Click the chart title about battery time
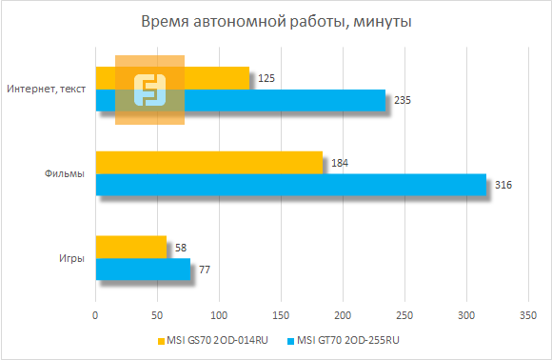click(x=276, y=22)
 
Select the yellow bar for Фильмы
click(x=209, y=163)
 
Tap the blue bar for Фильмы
click(x=290, y=185)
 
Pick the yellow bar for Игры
click(x=131, y=247)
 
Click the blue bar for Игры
click(x=143, y=270)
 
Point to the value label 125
click(x=266, y=78)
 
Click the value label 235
click(x=402, y=100)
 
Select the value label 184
click(x=340, y=163)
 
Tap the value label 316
click(x=504, y=185)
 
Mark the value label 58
click(x=182, y=247)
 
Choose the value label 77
click(x=204, y=270)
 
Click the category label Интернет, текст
click(x=46, y=90)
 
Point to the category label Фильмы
click(x=65, y=173)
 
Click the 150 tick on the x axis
click(x=281, y=314)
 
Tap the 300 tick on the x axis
click(x=466, y=314)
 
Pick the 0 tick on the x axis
click(x=95, y=314)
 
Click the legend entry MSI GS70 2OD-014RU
click(x=214, y=340)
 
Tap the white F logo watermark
click(x=149, y=90)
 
